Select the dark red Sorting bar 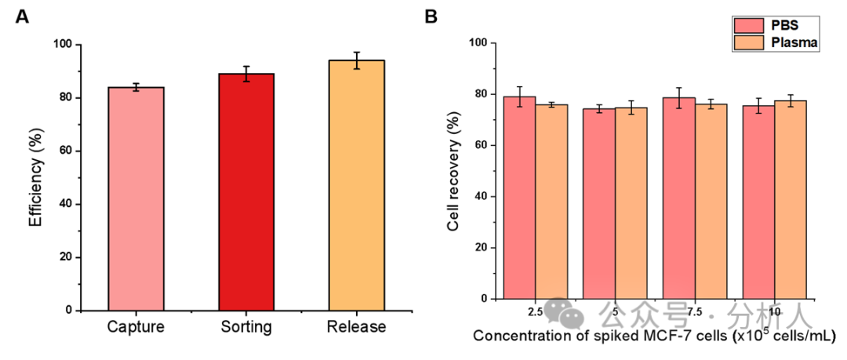point(246,191)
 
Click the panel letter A point(22,17)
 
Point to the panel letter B point(431,16)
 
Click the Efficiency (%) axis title point(35,177)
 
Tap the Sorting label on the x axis point(246,326)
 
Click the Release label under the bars point(356,326)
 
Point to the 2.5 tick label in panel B point(535,312)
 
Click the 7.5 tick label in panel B point(694,312)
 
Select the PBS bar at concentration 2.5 point(519,198)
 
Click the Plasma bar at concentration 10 point(791,199)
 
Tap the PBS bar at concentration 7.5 point(678,198)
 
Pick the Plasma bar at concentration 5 point(631,202)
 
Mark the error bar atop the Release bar point(356,60)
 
